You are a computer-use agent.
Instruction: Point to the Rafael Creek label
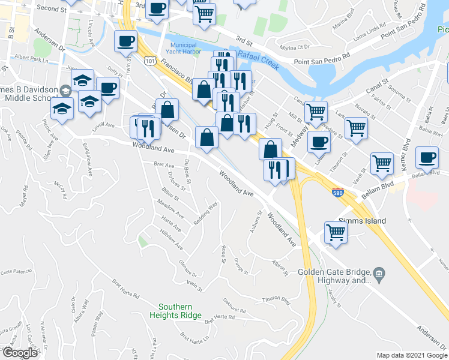pyautogui.click(x=259, y=61)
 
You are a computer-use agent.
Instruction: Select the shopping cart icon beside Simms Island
pyautogui.click(x=336, y=232)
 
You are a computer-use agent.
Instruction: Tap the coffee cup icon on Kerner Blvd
pyautogui.click(x=427, y=157)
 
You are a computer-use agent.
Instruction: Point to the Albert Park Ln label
pyautogui.click(x=31, y=59)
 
